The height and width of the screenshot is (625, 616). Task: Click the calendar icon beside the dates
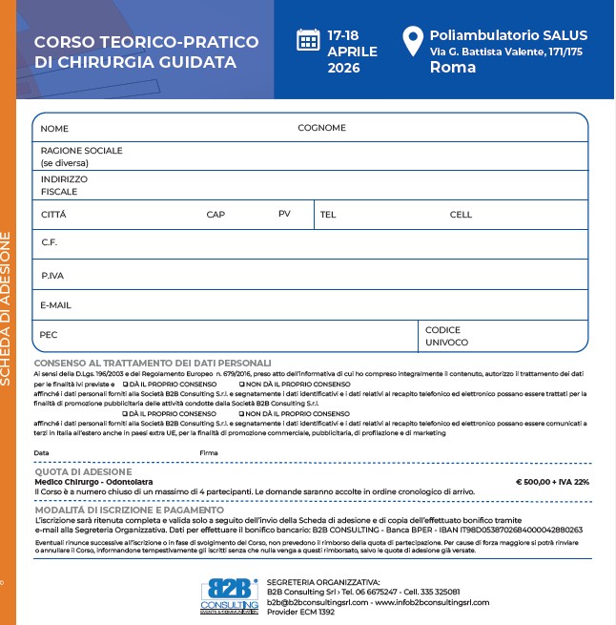tap(308, 39)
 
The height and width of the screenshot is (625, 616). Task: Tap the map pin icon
tap(411, 42)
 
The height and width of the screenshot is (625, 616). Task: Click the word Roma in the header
tap(453, 68)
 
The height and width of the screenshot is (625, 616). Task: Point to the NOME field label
tap(54, 128)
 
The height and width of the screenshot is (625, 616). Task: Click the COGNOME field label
tap(321, 128)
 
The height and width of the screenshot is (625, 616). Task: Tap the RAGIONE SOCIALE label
tap(81, 151)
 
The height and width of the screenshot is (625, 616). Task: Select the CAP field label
tap(216, 215)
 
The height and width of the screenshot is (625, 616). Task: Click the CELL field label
tap(461, 215)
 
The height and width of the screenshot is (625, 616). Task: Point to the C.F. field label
tap(50, 242)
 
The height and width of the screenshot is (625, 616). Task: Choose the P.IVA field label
tap(51, 276)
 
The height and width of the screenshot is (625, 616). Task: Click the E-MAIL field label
tap(56, 305)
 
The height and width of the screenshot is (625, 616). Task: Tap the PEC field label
tap(49, 335)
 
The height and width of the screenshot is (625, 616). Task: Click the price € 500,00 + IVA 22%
tap(552, 482)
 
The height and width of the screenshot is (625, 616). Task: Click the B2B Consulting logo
tap(229, 595)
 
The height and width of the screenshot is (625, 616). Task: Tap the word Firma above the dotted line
tap(209, 452)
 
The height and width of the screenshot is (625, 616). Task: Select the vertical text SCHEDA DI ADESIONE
tap(8, 304)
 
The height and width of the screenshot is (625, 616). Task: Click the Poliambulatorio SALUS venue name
tap(508, 34)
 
